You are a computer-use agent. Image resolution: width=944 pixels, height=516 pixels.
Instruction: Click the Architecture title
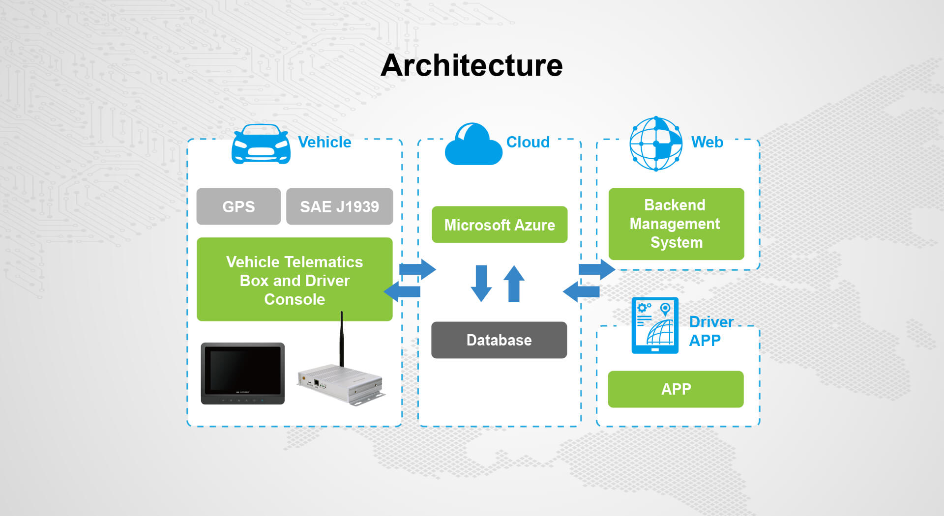472,65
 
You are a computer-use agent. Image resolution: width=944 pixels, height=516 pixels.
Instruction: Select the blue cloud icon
473,145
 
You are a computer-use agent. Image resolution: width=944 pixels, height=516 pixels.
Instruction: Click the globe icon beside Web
656,143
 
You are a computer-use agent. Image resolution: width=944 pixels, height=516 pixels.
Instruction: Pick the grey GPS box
238,206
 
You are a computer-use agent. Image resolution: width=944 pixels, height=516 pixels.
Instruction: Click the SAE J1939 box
339,206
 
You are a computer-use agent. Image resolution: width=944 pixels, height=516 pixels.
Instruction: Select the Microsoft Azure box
500,225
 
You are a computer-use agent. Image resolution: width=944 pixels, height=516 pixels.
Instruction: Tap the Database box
499,340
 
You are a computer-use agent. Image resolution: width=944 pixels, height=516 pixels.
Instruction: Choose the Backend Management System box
676,224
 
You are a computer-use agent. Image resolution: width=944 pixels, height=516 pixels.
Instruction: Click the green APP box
676,389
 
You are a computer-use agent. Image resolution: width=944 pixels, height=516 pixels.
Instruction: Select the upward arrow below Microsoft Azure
514,284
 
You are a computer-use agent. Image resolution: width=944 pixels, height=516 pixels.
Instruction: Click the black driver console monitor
243,373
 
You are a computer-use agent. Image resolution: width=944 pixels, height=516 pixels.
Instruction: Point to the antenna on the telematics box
342,339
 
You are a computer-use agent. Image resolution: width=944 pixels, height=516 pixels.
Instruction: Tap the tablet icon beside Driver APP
655,325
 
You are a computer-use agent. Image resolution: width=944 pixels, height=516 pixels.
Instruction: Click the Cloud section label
528,142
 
